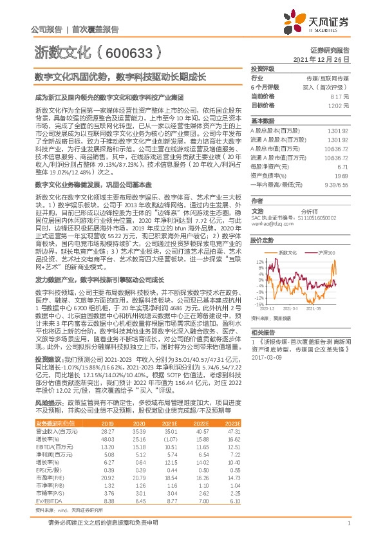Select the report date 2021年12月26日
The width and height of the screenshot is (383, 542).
tap(326, 59)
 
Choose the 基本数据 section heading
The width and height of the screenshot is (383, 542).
tap(262, 120)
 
